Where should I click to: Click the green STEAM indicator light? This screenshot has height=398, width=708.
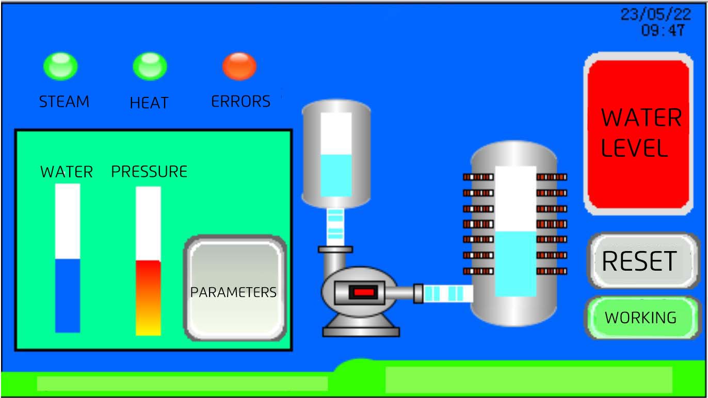pos(60,67)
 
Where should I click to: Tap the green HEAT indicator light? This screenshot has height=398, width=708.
pos(150,67)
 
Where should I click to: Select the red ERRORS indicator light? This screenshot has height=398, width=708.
pos(239,67)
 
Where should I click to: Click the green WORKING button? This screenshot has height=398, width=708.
pos(641,318)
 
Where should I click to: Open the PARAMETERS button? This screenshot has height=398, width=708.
pos(235,288)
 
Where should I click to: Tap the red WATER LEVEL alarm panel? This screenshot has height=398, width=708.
pos(638,134)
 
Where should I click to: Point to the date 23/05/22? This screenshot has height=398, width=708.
pos(656,14)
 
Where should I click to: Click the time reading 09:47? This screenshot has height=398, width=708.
pos(663,30)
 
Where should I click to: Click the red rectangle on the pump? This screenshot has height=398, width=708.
pos(364,292)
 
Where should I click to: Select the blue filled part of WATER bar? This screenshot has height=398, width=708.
pos(67,295)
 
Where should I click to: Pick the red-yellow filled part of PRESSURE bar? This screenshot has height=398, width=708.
pos(148,298)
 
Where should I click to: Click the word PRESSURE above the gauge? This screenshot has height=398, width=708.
pos(149,172)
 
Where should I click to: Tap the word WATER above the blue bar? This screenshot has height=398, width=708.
pos(67,172)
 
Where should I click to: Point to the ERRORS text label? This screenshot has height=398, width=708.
pos(240,102)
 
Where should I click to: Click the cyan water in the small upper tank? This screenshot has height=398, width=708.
pos(336,176)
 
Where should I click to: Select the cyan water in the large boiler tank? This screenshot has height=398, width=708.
pos(516,264)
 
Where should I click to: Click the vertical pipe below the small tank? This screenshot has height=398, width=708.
pos(335,227)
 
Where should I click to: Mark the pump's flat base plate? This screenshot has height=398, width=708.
pos(361,332)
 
